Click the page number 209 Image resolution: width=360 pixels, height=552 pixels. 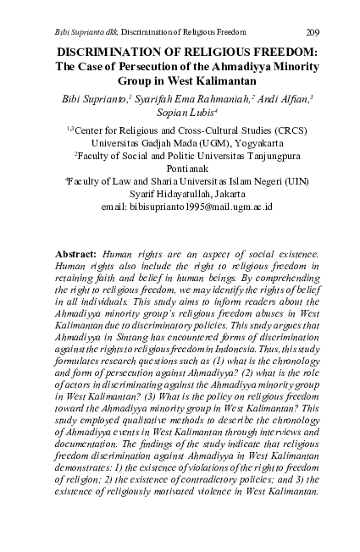pyautogui.click(x=312, y=32)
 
